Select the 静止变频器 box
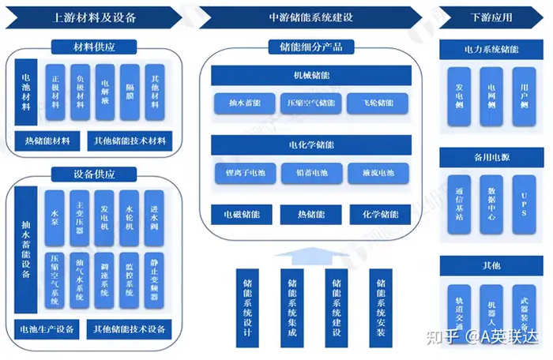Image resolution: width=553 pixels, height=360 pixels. click(155, 276)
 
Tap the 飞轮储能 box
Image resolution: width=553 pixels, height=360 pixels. click(378, 103)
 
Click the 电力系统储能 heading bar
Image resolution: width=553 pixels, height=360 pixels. click(491, 49)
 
